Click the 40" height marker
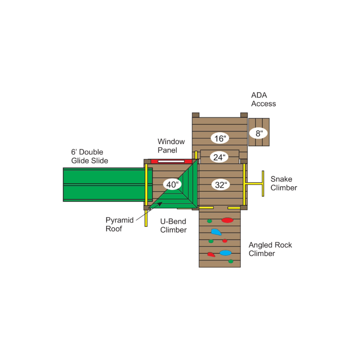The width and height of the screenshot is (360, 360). [x=172, y=184]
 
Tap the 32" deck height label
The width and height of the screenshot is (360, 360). [x=220, y=184]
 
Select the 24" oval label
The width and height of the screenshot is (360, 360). [x=219, y=157]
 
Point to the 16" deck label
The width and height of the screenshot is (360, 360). [x=220, y=138]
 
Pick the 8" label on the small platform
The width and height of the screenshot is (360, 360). [x=258, y=133]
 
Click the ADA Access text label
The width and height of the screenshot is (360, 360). [x=263, y=99]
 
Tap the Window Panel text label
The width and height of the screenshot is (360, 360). [x=171, y=145]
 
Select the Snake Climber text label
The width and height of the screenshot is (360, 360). [x=283, y=183]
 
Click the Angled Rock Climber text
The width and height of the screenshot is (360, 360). [x=270, y=249]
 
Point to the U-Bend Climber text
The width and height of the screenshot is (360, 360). [x=173, y=225]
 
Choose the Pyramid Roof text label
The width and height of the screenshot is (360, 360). [x=119, y=224]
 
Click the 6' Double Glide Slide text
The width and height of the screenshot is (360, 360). [x=90, y=156]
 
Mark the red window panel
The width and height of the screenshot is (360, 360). [x=171, y=161]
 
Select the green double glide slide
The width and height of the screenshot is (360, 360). [x=108, y=184]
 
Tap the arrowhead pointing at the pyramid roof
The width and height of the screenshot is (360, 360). [x=160, y=204]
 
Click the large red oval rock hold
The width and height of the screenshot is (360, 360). [x=227, y=220]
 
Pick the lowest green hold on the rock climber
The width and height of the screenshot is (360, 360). [x=231, y=261]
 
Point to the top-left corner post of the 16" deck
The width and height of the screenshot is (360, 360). [x=196, y=115]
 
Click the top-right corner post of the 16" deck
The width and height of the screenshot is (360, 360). [x=244, y=115]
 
